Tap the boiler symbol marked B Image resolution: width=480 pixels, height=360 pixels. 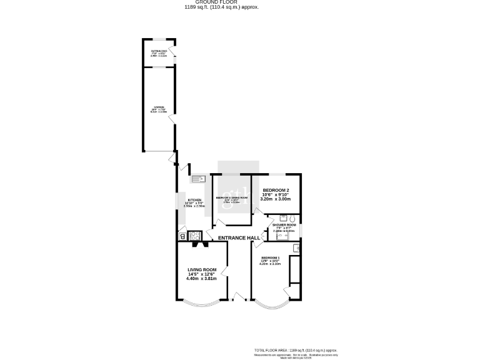pos(182,236)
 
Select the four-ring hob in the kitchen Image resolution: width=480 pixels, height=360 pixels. pos(194,236)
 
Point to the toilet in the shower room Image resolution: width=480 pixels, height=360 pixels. pos(292,218)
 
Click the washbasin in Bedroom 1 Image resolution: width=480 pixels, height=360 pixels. pos(297,249)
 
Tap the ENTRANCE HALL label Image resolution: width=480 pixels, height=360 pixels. pos(239,238)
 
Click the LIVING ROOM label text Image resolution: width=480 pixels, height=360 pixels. pos(201,270)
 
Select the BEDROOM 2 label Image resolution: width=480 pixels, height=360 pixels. pos(276,190)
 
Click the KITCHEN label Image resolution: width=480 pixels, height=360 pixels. pos(194,201)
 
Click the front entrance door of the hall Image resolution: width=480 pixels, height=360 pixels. pos(238,296)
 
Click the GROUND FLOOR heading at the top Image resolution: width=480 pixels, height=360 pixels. pos(221,2)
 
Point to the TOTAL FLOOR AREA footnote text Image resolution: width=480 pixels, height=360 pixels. pos(295,351)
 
